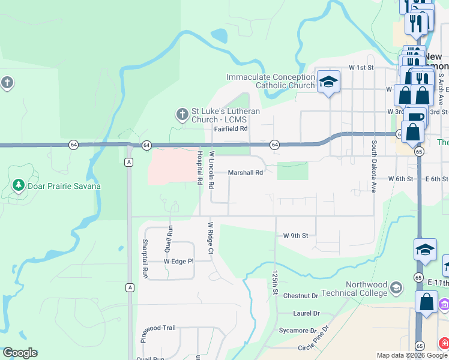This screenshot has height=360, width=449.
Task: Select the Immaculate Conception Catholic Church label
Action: click(270, 81)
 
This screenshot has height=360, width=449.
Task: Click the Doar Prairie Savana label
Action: click(63, 186)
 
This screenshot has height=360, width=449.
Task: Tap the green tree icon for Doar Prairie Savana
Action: click(19, 185)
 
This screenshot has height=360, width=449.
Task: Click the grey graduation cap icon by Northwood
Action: click(396, 289)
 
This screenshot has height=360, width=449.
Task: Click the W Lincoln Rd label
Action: click(211, 170)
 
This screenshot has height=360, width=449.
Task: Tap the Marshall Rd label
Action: click(246, 173)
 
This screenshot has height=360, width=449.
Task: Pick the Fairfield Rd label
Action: click(231, 129)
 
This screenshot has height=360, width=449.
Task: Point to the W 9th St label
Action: click(295, 236)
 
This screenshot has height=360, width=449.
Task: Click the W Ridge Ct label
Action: click(211, 238)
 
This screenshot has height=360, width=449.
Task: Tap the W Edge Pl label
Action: click(179, 262)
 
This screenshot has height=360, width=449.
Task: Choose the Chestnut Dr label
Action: click(300, 296)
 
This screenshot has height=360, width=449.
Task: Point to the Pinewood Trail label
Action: click(158, 328)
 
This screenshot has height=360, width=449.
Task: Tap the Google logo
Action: click(20, 353)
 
